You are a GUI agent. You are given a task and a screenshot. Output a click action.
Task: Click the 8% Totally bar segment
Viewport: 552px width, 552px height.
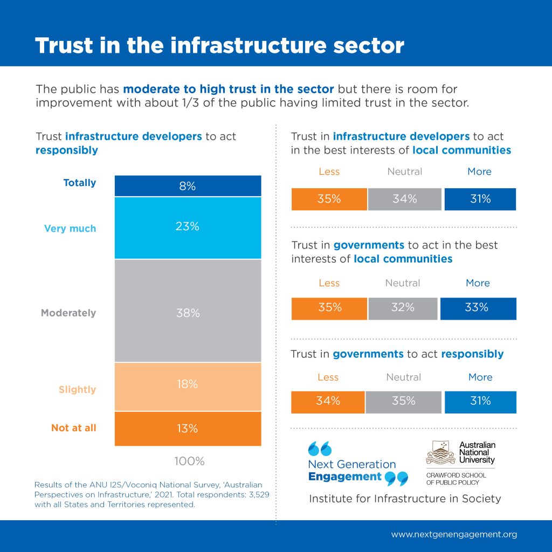point(188,186)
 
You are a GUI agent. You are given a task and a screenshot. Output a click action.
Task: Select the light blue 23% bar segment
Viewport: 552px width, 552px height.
point(188,227)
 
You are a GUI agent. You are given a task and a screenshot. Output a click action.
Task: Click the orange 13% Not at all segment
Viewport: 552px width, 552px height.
point(188,429)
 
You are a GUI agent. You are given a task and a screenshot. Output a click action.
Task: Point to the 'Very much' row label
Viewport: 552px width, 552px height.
point(70,229)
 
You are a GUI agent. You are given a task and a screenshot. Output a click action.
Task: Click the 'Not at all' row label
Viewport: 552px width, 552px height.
point(74,428)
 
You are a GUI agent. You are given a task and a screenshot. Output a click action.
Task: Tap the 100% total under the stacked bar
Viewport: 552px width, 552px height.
point(189,461)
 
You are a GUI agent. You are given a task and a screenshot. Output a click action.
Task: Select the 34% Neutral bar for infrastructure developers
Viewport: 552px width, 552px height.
point(405,199)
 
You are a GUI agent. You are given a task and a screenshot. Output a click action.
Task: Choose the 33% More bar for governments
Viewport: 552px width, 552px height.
point(478,308)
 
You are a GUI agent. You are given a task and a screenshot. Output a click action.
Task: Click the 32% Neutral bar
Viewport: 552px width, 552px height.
point(403,308)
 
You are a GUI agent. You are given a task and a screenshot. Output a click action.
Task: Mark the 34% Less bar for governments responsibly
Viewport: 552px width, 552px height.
point(328,402)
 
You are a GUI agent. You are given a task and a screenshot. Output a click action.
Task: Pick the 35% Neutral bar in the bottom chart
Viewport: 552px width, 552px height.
point(404,402)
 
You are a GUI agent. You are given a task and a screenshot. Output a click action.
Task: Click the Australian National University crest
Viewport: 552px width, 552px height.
point(440,453)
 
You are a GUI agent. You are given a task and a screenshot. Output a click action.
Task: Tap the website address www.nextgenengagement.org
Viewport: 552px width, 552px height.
point(454,535)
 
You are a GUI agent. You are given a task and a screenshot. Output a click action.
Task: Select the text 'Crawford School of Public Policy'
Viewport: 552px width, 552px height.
point(456,479)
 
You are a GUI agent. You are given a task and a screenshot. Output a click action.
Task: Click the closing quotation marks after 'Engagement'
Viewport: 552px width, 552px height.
point(397,478)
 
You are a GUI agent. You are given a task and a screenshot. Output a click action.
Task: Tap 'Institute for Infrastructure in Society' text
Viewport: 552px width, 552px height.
point(405,499)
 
